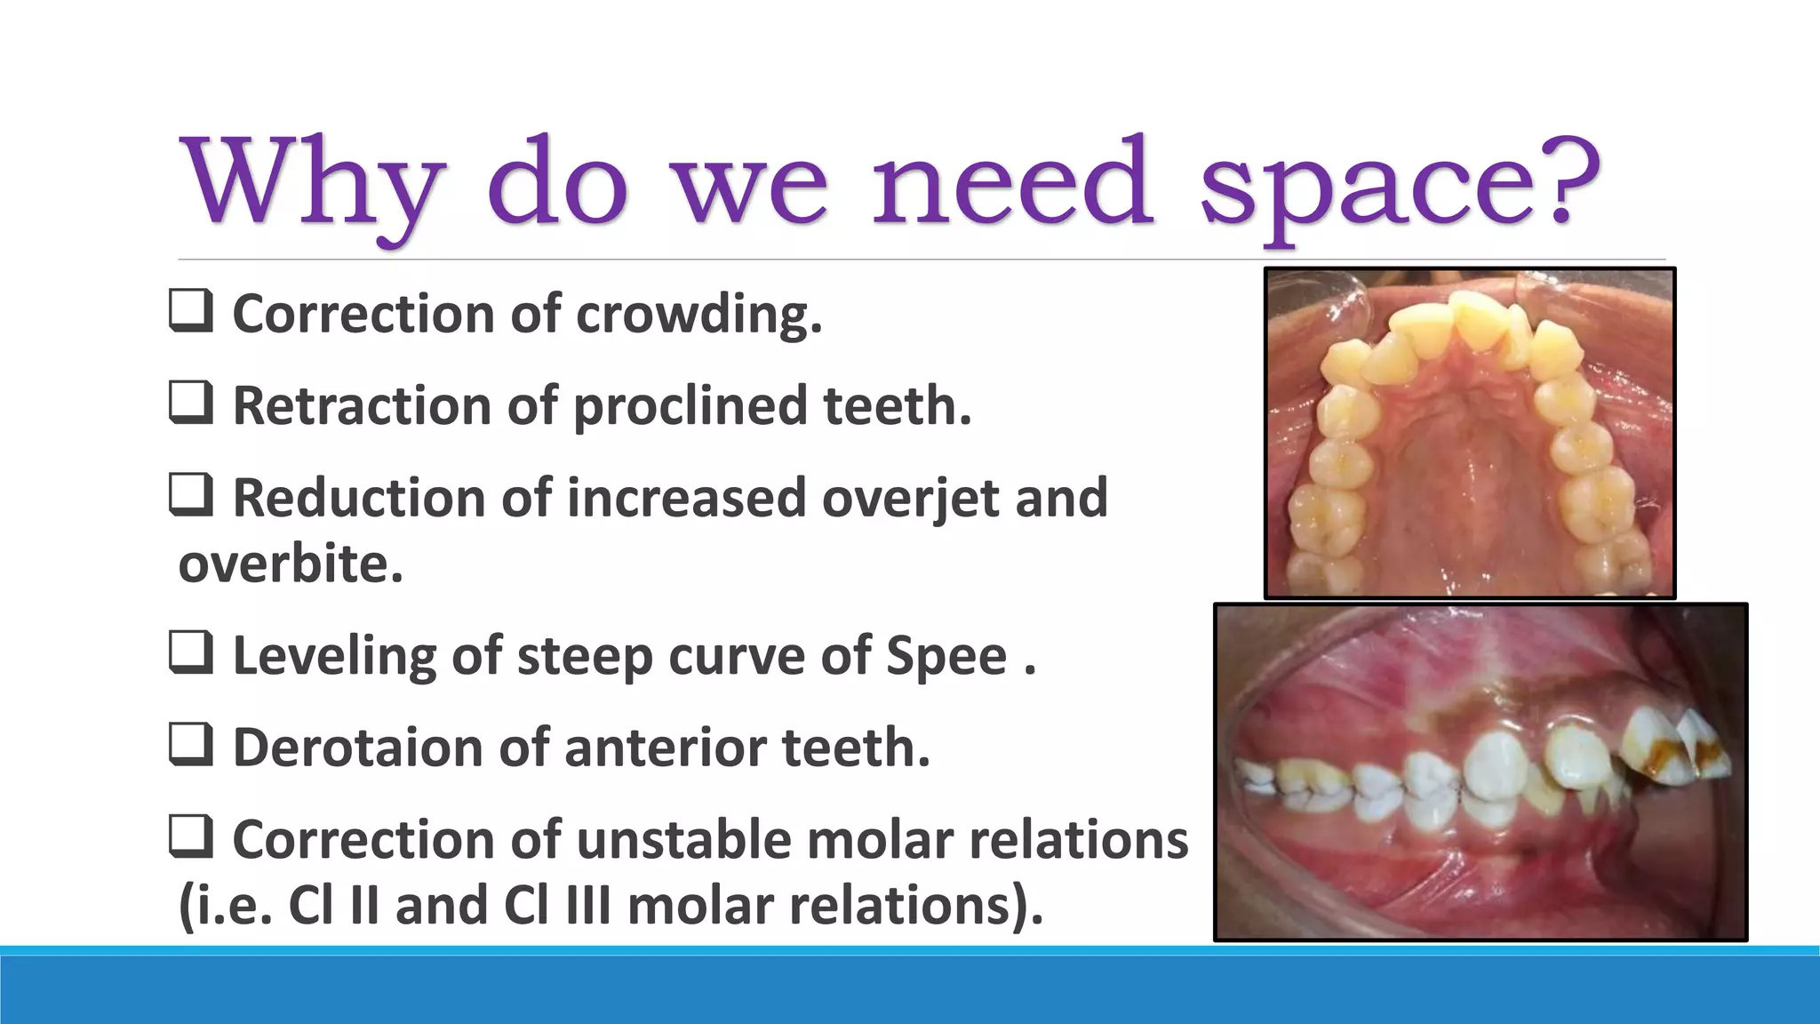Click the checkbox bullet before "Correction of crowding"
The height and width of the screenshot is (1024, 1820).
pyautogui.click(x=190, y=312)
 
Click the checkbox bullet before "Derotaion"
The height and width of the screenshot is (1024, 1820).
pyautogui.click(x=190, y=745)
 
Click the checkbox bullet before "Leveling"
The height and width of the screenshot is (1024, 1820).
pyautogui.click(x=190, y=653)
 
